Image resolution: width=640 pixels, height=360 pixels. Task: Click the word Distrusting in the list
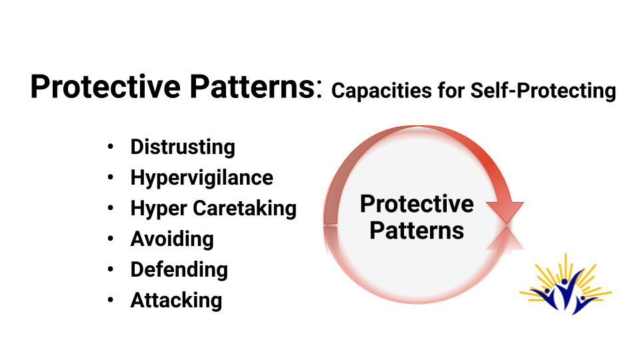click(x=183, y=147)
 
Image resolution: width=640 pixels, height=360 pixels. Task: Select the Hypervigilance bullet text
click(x=201, y=178)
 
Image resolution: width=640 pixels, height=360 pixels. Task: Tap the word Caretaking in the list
click(x=245, y=209)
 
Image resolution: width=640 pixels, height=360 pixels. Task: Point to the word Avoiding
click(x=172, y=239)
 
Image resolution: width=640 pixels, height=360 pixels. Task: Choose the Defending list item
click(x=179, y=269)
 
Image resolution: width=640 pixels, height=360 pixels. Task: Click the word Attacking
click(x=176, y=300)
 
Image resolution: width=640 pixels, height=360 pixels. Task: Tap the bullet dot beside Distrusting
click(x=110, y=147)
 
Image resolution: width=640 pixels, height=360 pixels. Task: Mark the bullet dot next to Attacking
click(x=110, y=300)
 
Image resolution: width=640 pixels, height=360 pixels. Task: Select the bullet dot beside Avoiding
click(x=110, y=239)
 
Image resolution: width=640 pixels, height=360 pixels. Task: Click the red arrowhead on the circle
click(x=505, y=212)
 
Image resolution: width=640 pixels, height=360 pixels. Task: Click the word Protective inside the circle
click(x=417, y=204)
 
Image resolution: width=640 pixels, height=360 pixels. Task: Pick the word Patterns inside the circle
click(x=417, y=231)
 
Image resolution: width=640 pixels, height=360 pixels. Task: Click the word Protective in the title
click(x=105, y=87)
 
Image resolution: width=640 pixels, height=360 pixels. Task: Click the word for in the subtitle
click(x=451, y=90)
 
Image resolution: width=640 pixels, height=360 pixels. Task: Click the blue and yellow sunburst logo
click(x=566, y=285)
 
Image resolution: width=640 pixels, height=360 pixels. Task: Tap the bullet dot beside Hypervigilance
click(x=110, y=177)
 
